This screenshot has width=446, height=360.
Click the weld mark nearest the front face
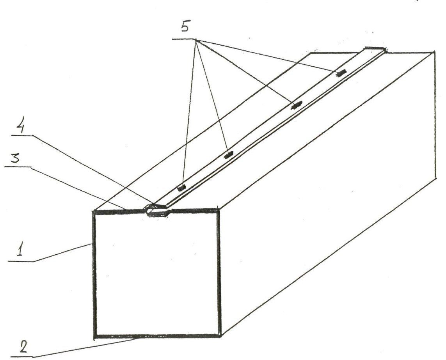pos(181,188)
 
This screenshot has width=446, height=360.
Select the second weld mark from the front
pos(228,155)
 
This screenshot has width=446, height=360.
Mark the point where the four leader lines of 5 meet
pos(196,39)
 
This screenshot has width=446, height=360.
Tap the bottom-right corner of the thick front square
pos(220,336)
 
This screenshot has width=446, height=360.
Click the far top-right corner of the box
pos(434,52)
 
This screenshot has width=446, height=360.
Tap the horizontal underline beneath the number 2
pos(22,356)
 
